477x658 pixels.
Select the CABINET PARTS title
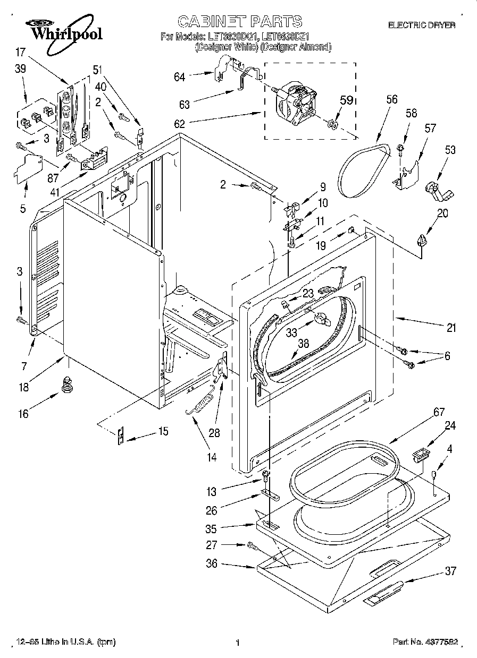(239, 21)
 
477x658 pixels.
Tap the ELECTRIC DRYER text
(421, 25)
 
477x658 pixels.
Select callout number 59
(346, 99)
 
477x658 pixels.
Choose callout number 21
(450, 328)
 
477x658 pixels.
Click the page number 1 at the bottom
(238, 643)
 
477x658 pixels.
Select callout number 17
(20, 52)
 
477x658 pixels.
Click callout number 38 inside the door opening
(303, 343)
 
